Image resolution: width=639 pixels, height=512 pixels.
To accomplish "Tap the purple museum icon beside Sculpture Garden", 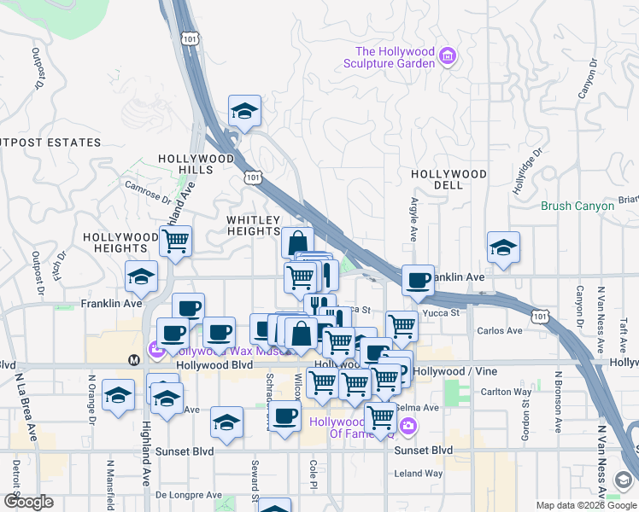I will (446, 57).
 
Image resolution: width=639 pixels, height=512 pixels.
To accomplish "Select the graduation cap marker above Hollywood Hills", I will (244, 112).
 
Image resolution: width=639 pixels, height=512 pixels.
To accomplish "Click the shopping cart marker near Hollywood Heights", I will (175, 241).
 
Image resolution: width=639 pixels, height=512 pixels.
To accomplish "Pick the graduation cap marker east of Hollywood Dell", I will (503, 248).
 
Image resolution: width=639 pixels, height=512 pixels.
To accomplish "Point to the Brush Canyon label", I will (577, 206).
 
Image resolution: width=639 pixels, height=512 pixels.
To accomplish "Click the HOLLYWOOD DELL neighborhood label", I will (448, 180).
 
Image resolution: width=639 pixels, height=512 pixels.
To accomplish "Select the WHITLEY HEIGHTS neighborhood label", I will (253, 225).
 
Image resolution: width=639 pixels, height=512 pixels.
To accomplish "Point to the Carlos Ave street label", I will (500, 331).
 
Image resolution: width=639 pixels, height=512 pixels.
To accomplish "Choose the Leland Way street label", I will (419, 474).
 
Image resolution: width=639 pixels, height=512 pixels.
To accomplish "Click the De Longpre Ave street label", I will (189, 495).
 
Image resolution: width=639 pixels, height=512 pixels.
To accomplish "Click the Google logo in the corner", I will (28, 502).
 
